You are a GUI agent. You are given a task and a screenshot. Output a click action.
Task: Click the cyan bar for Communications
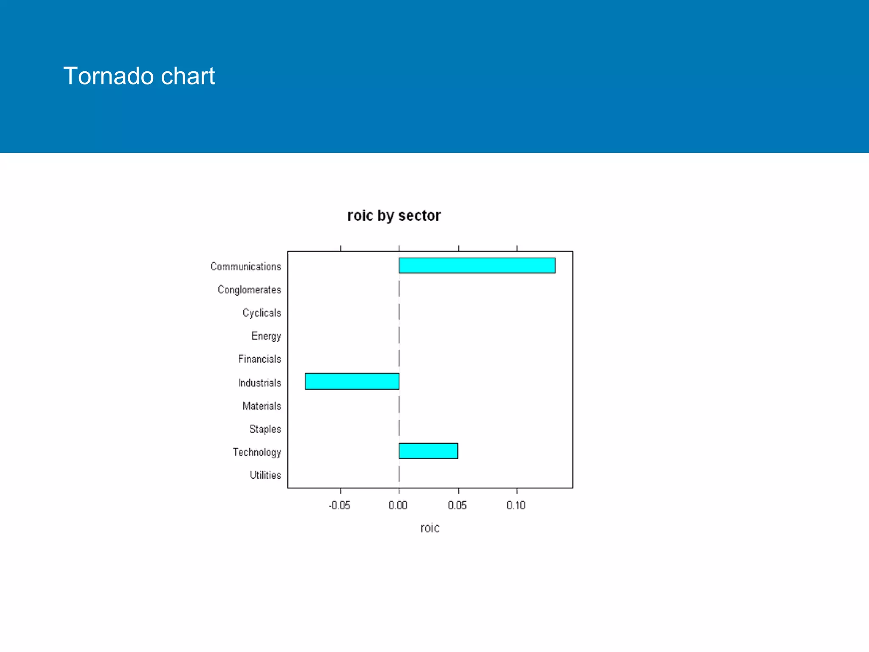tap(477, 265)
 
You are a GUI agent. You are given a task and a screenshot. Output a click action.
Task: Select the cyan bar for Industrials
tap(352, 381)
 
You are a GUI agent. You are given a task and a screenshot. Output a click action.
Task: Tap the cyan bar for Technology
tap(428, 451)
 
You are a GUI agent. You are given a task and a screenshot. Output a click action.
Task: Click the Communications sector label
tap(246, 267)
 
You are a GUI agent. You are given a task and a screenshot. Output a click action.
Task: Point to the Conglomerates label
tap(249, 290)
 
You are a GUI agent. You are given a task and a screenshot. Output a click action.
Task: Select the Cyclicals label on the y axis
tap(261, 313)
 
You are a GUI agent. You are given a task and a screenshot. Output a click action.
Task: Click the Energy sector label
tap(266, 336)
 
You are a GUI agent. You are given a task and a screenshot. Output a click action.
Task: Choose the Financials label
tap(259, 359)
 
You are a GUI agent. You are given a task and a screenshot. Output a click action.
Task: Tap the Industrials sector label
tap(259, 383)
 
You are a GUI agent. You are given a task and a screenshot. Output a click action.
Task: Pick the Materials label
tap(261, 406)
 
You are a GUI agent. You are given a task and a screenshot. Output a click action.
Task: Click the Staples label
tap(265, 429)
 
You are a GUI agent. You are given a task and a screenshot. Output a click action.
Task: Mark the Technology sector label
tap(257, 452)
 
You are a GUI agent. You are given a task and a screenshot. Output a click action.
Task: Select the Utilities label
tap(265, 475)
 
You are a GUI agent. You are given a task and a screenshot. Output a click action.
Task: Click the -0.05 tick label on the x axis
tap(339, 506)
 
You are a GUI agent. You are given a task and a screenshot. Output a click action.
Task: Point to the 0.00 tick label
tap(398, 506)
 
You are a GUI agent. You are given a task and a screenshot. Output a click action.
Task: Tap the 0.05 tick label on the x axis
tap(457, 506)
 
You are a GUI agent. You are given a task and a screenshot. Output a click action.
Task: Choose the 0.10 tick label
tap(516, 506)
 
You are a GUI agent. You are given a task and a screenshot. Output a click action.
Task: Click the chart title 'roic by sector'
tap(394, 216)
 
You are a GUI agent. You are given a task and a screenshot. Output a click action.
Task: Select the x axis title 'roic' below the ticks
tap(430, 528)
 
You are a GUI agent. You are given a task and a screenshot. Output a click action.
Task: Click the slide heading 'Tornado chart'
tap(139, 76)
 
